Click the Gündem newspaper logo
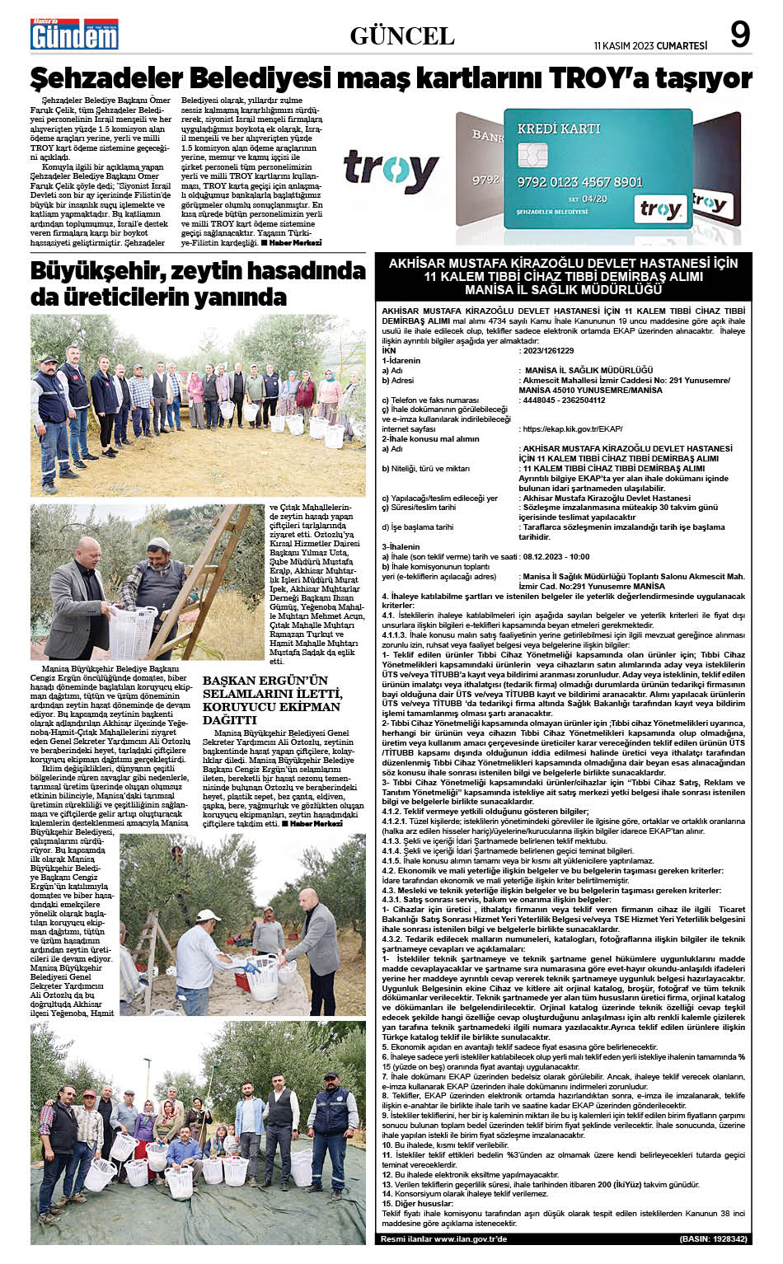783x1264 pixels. click(74, 35)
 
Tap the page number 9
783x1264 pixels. click(740, 35)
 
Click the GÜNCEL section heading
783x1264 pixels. click(402, 35)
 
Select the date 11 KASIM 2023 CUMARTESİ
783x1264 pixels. click(650, 46)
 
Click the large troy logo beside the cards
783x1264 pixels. click(391, 171)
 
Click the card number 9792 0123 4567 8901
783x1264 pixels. click(579, 181)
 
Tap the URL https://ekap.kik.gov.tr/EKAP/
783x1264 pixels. click(572, 428)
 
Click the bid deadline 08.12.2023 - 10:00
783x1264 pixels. click(556, 556)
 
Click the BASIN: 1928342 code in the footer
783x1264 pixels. click(714, 1238)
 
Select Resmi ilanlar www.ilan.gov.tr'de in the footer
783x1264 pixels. click(444, 1238)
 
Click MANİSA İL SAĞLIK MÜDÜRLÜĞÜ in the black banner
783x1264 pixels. click(563, 290)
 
